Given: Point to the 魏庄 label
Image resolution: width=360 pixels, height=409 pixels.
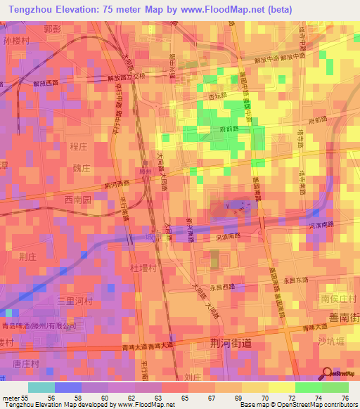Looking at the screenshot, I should [82, 169].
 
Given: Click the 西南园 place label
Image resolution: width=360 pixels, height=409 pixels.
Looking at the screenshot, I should [78, 200].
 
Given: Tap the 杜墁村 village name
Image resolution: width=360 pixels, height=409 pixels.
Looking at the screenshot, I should [142, 268].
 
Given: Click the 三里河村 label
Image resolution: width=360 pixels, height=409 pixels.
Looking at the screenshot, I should [75, 301].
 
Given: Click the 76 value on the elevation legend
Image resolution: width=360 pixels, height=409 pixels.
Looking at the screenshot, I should [344, 399].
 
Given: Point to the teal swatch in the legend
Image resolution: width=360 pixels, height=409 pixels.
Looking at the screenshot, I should [41, 387].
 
